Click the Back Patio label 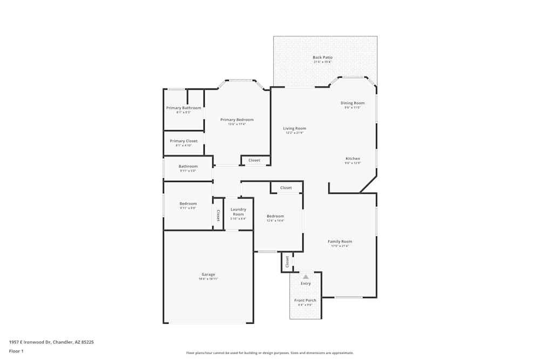tap(323, 57)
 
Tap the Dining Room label tap(352, 103)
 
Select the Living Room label tap(294, 128)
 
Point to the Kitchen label tap(353, 159)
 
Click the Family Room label tap(340, 241)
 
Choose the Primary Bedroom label tap(237, 120)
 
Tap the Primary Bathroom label tap(184, 108)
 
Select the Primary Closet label tap(184, 141)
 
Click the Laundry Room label tap(238, 212)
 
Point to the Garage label tap(208, 274)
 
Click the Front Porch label tap(305, 300)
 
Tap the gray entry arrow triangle tap(306, 277)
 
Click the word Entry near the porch tap(306, 283)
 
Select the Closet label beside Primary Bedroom tap(254, 160)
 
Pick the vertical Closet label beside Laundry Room tap(218, 215)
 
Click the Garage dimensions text tap(208, 279)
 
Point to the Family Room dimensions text tap(340, 246)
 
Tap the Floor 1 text tap(16, 351)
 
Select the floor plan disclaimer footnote tap(269, 353)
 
